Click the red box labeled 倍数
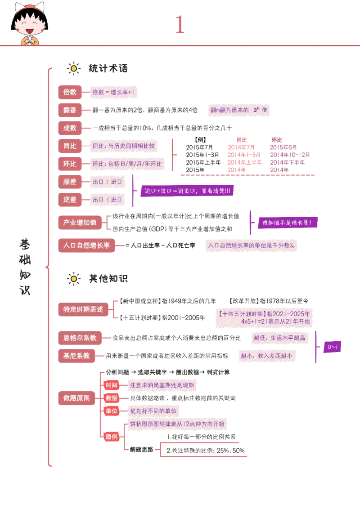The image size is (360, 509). (x=70, y=92)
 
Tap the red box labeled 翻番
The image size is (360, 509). (x=70, y=110)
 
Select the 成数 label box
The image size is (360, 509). (x=70, y=128)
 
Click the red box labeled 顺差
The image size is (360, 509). (x=70, y=182)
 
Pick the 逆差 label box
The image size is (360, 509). (x=70, y=200)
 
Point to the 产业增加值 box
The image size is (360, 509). (x=80, y=223)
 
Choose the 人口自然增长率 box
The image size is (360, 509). (x=87, y=246)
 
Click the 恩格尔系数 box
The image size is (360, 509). (x=80, y=338)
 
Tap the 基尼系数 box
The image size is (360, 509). (x=76, y=356)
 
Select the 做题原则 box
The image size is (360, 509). (x=76, y=398)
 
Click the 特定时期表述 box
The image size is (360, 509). (x=83, y=309)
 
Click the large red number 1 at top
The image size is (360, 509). (x=180, y=25)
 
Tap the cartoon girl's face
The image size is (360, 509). (x=30, y=24)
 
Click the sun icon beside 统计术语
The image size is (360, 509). (x=74, y=68)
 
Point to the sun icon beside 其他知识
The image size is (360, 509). (x=74, y=278)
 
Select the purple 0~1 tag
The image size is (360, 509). (x=332, y=347)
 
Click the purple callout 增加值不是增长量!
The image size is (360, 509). (x=287, y=223)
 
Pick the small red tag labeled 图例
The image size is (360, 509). (x=112, y=437)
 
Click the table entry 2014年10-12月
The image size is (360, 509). (x=290, y=155)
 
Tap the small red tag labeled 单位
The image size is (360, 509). (x=112, y=411)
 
